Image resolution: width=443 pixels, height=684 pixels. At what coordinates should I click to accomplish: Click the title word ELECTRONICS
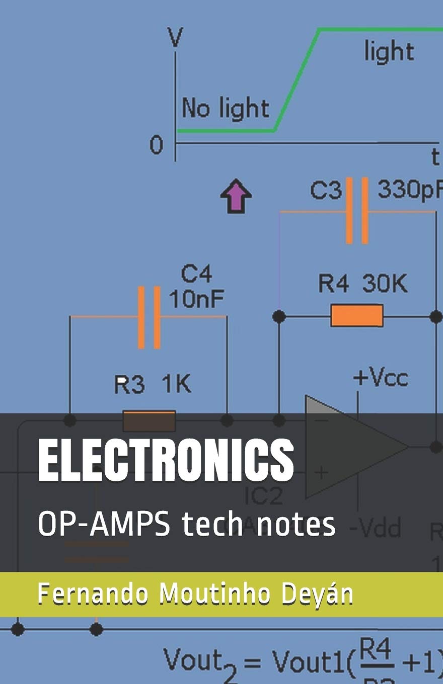click(x=166, y=460)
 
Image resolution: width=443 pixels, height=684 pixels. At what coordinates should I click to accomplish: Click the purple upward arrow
click(x=236, y=196)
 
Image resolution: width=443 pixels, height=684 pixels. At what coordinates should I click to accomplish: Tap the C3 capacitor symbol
click(x=357, y=211)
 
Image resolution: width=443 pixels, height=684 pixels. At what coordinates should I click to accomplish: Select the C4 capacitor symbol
click(x=150, y=317)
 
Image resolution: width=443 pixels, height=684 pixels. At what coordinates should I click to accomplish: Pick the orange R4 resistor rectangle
click(x=357, y=315)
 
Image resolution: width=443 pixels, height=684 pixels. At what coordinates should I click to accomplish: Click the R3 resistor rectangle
click(x=150, y=420)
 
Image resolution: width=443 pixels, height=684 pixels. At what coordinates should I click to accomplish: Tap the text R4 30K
click(x=362, y=284)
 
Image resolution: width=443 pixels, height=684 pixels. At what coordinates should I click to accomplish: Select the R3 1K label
click(x=153, y=386)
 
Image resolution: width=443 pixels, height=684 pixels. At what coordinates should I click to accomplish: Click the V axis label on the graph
click(x=176, y=38)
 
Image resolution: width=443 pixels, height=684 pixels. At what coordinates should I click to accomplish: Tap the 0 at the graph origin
click(x=156, y=146)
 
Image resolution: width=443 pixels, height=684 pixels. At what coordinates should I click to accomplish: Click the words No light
click(x=226, y=108)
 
